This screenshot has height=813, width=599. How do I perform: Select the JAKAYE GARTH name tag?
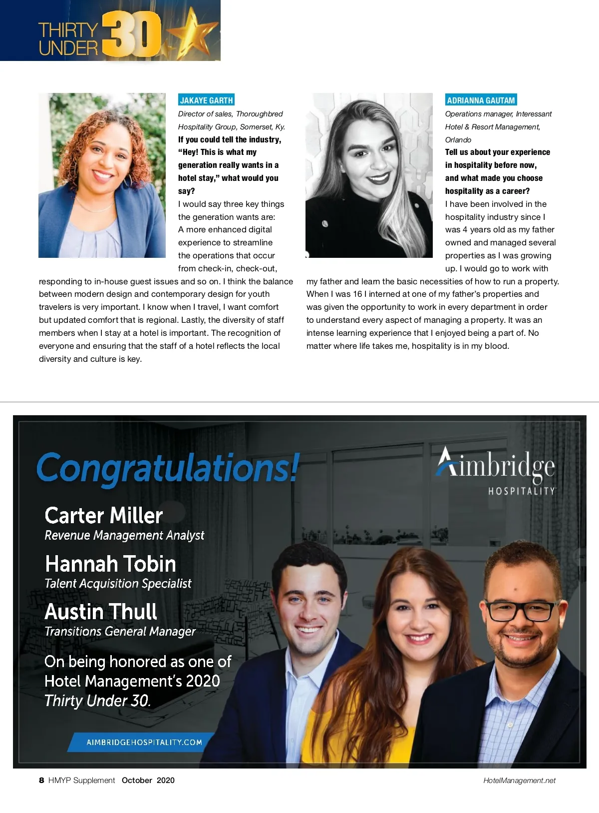click(x=206, y=100)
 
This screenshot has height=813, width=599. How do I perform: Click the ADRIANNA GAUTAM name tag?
click(x=481, y=100)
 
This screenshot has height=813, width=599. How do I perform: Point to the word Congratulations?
click(x=168, y=468)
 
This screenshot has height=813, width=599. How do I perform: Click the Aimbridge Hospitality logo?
click(x=496, y=470)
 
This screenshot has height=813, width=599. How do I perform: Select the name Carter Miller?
click(x=104, y=515)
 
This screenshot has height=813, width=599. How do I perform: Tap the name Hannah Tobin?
click(x=110, y=564)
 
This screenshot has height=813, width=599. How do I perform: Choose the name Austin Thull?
click(x=101, y=612)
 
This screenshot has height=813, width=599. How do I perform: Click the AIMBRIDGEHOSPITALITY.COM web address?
click(x=144, y=742)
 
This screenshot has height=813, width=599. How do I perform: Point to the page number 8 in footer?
click(x=41, y=780)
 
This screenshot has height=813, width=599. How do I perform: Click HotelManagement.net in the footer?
click(x=519, y=781)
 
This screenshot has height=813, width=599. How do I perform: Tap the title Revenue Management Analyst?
click(x=124, y=536)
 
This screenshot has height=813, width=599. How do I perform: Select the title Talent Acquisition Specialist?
click(x=118, y=584)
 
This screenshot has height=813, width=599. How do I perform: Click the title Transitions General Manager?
click(x=120, y=632)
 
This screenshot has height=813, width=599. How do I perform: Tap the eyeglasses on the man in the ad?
click(x=519, y=611)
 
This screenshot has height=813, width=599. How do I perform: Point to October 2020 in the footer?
click(x=148, y=780)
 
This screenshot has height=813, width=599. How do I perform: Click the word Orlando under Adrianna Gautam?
click(x=458, y=140)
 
